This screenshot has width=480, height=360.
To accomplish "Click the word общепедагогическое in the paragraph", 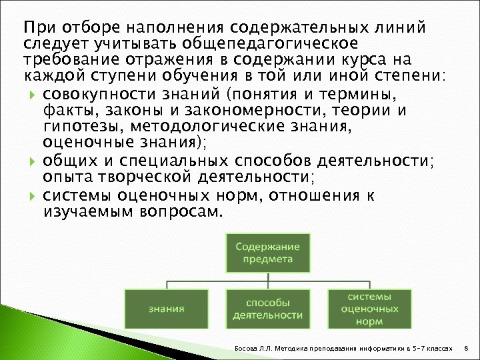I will point(274,43).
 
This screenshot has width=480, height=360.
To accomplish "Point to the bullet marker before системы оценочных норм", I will point(33,198).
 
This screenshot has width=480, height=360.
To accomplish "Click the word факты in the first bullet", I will point(63,109).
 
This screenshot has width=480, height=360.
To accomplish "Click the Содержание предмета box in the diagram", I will point(267,252).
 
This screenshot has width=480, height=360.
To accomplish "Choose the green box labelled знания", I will point(166,308).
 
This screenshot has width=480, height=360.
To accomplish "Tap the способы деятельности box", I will point(267,308).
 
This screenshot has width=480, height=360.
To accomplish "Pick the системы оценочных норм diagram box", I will point(369,308).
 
